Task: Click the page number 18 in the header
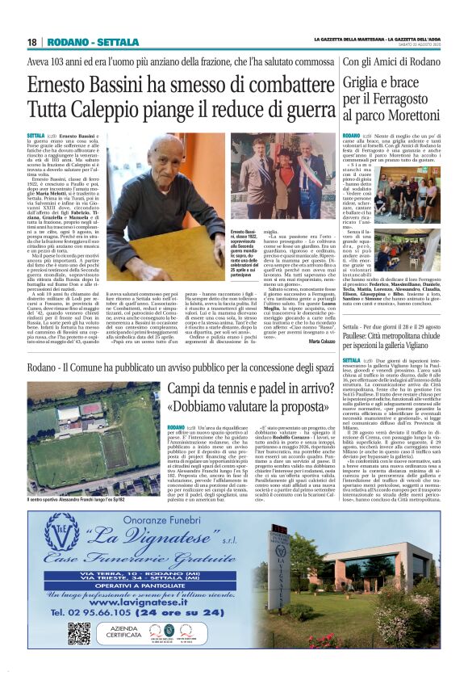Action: click(x=32, y=42)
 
